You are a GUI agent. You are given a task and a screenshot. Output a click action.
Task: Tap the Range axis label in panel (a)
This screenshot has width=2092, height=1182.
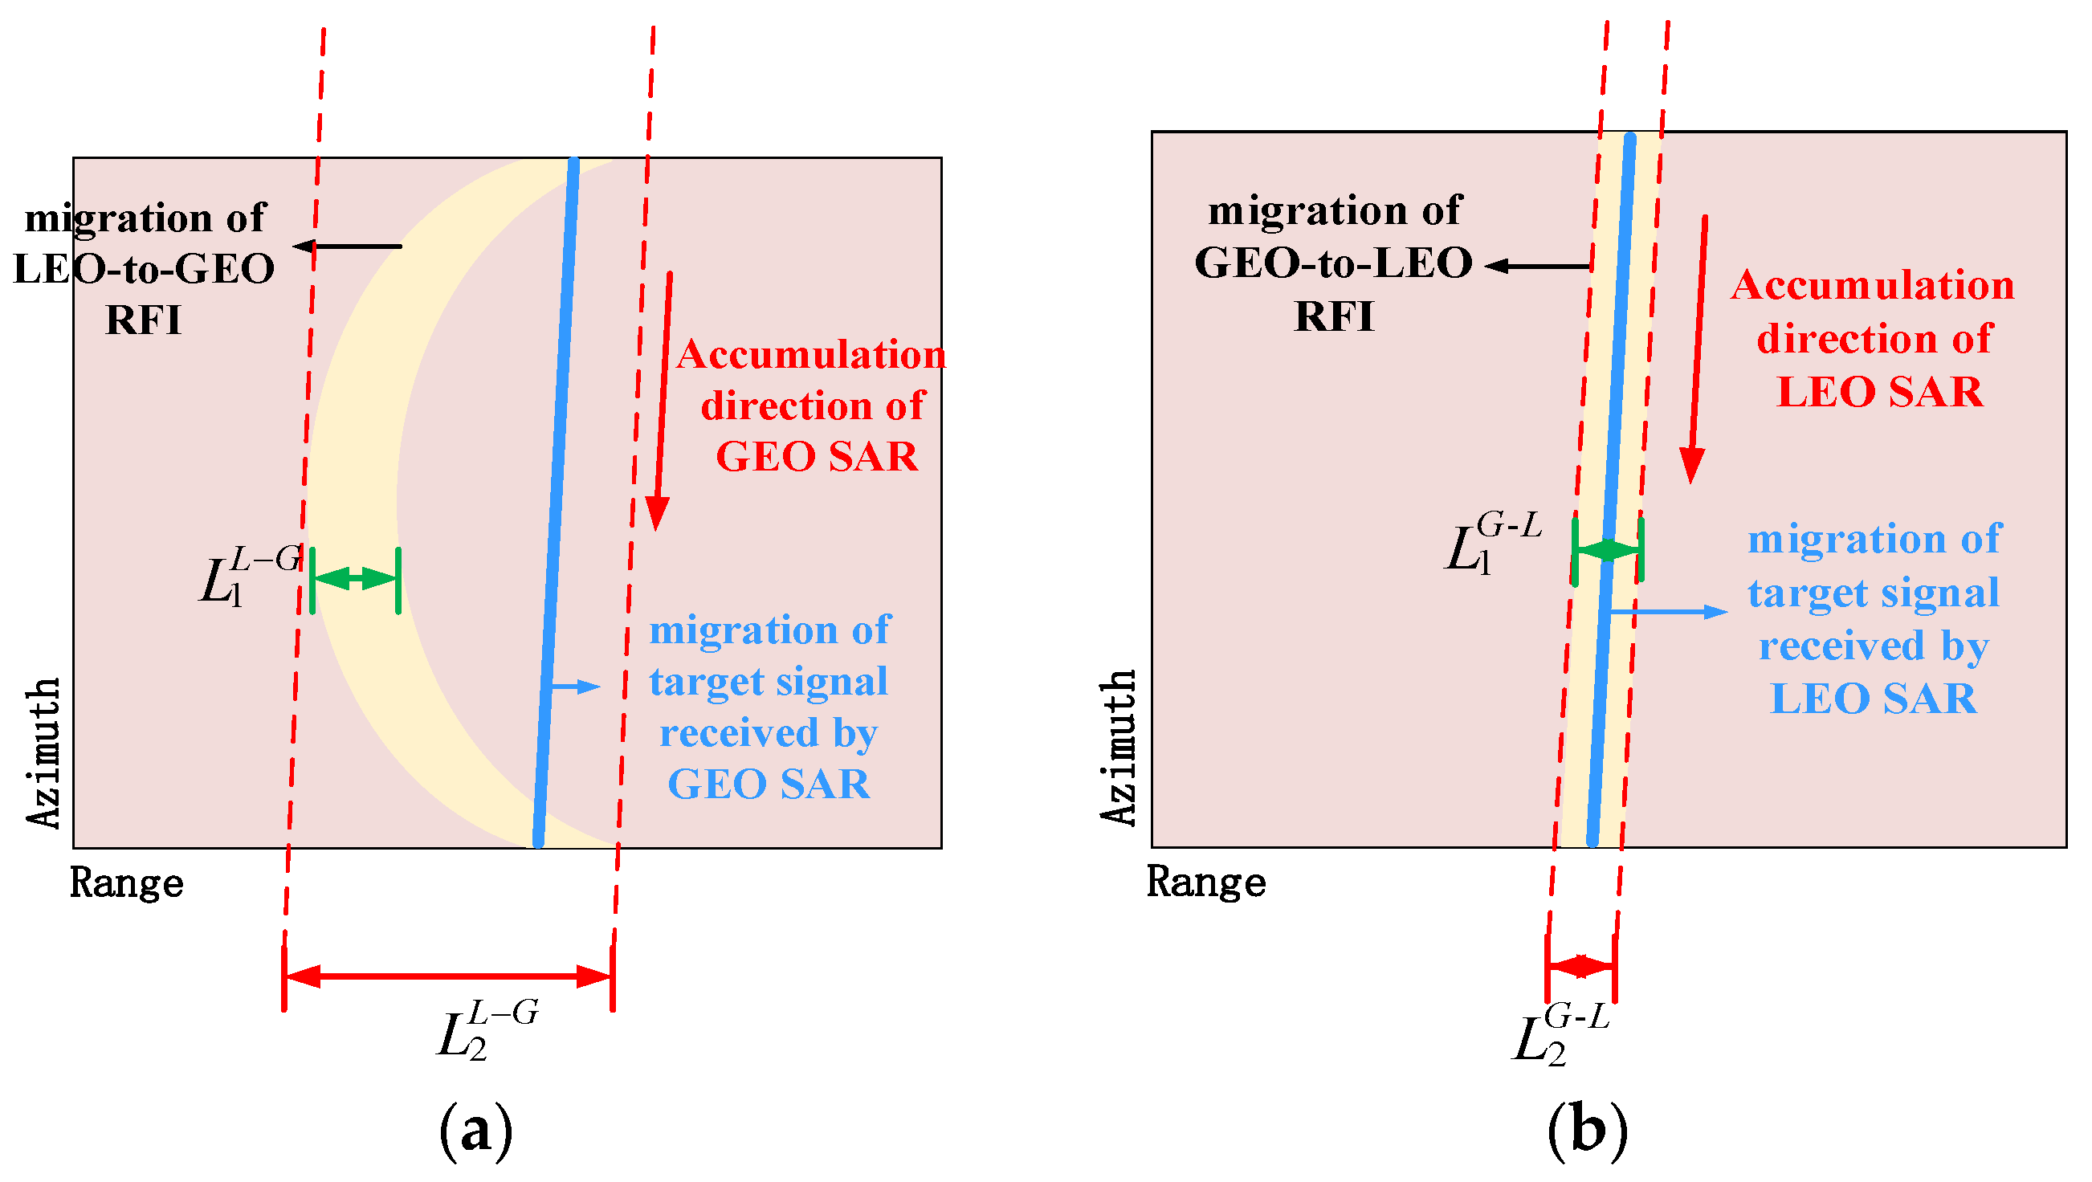(x=127, y=882)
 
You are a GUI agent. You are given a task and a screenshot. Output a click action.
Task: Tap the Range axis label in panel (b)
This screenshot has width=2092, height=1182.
(x=1206, y=881)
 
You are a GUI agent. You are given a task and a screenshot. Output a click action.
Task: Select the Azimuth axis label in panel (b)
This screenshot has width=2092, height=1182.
(x=1119, y=747)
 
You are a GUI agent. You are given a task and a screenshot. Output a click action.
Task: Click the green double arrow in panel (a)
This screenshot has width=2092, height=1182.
(x=355, y=579)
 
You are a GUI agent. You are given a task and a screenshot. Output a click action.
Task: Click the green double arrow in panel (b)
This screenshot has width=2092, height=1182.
(x=1607, y=549)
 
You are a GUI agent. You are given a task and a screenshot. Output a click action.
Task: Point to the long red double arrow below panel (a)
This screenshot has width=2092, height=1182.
(x=447, y=976)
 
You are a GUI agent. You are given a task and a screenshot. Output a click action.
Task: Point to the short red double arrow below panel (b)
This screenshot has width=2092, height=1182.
(x=1580, y=966)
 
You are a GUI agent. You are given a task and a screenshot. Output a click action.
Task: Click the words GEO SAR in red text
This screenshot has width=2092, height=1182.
(x=816, y=456)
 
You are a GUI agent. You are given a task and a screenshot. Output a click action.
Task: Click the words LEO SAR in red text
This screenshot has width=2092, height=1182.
(x=1879, y=392)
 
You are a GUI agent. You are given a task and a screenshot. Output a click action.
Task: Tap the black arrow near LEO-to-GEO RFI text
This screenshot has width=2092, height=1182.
(x=347, y=246)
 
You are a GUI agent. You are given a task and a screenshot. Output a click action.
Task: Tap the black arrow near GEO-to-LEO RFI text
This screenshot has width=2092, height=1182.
(x=1536, y=266)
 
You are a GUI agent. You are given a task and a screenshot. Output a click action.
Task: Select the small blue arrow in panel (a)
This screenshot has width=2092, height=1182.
(x=575, y=687)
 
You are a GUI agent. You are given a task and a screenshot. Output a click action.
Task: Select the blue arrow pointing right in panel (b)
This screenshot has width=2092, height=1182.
(x=1668, y=611)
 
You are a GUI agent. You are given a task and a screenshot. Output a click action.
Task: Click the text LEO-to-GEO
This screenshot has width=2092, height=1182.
(x=145, y=269)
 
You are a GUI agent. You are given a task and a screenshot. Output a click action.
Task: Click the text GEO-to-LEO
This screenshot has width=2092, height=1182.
(x=1332, y=263)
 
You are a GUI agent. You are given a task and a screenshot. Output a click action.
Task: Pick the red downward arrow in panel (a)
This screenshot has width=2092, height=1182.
(x=662, y=397)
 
